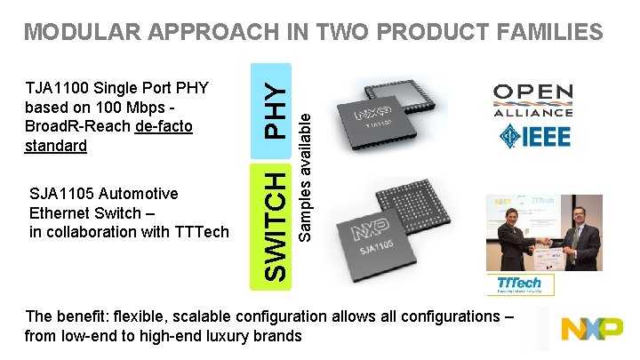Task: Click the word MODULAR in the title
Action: pos(77,33)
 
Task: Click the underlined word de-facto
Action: pos(164,127)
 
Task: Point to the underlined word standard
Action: pos(57,146)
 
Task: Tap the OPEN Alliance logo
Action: pos(532,100)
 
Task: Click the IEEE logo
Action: pos(534,137)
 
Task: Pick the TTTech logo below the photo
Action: pos(525,284)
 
